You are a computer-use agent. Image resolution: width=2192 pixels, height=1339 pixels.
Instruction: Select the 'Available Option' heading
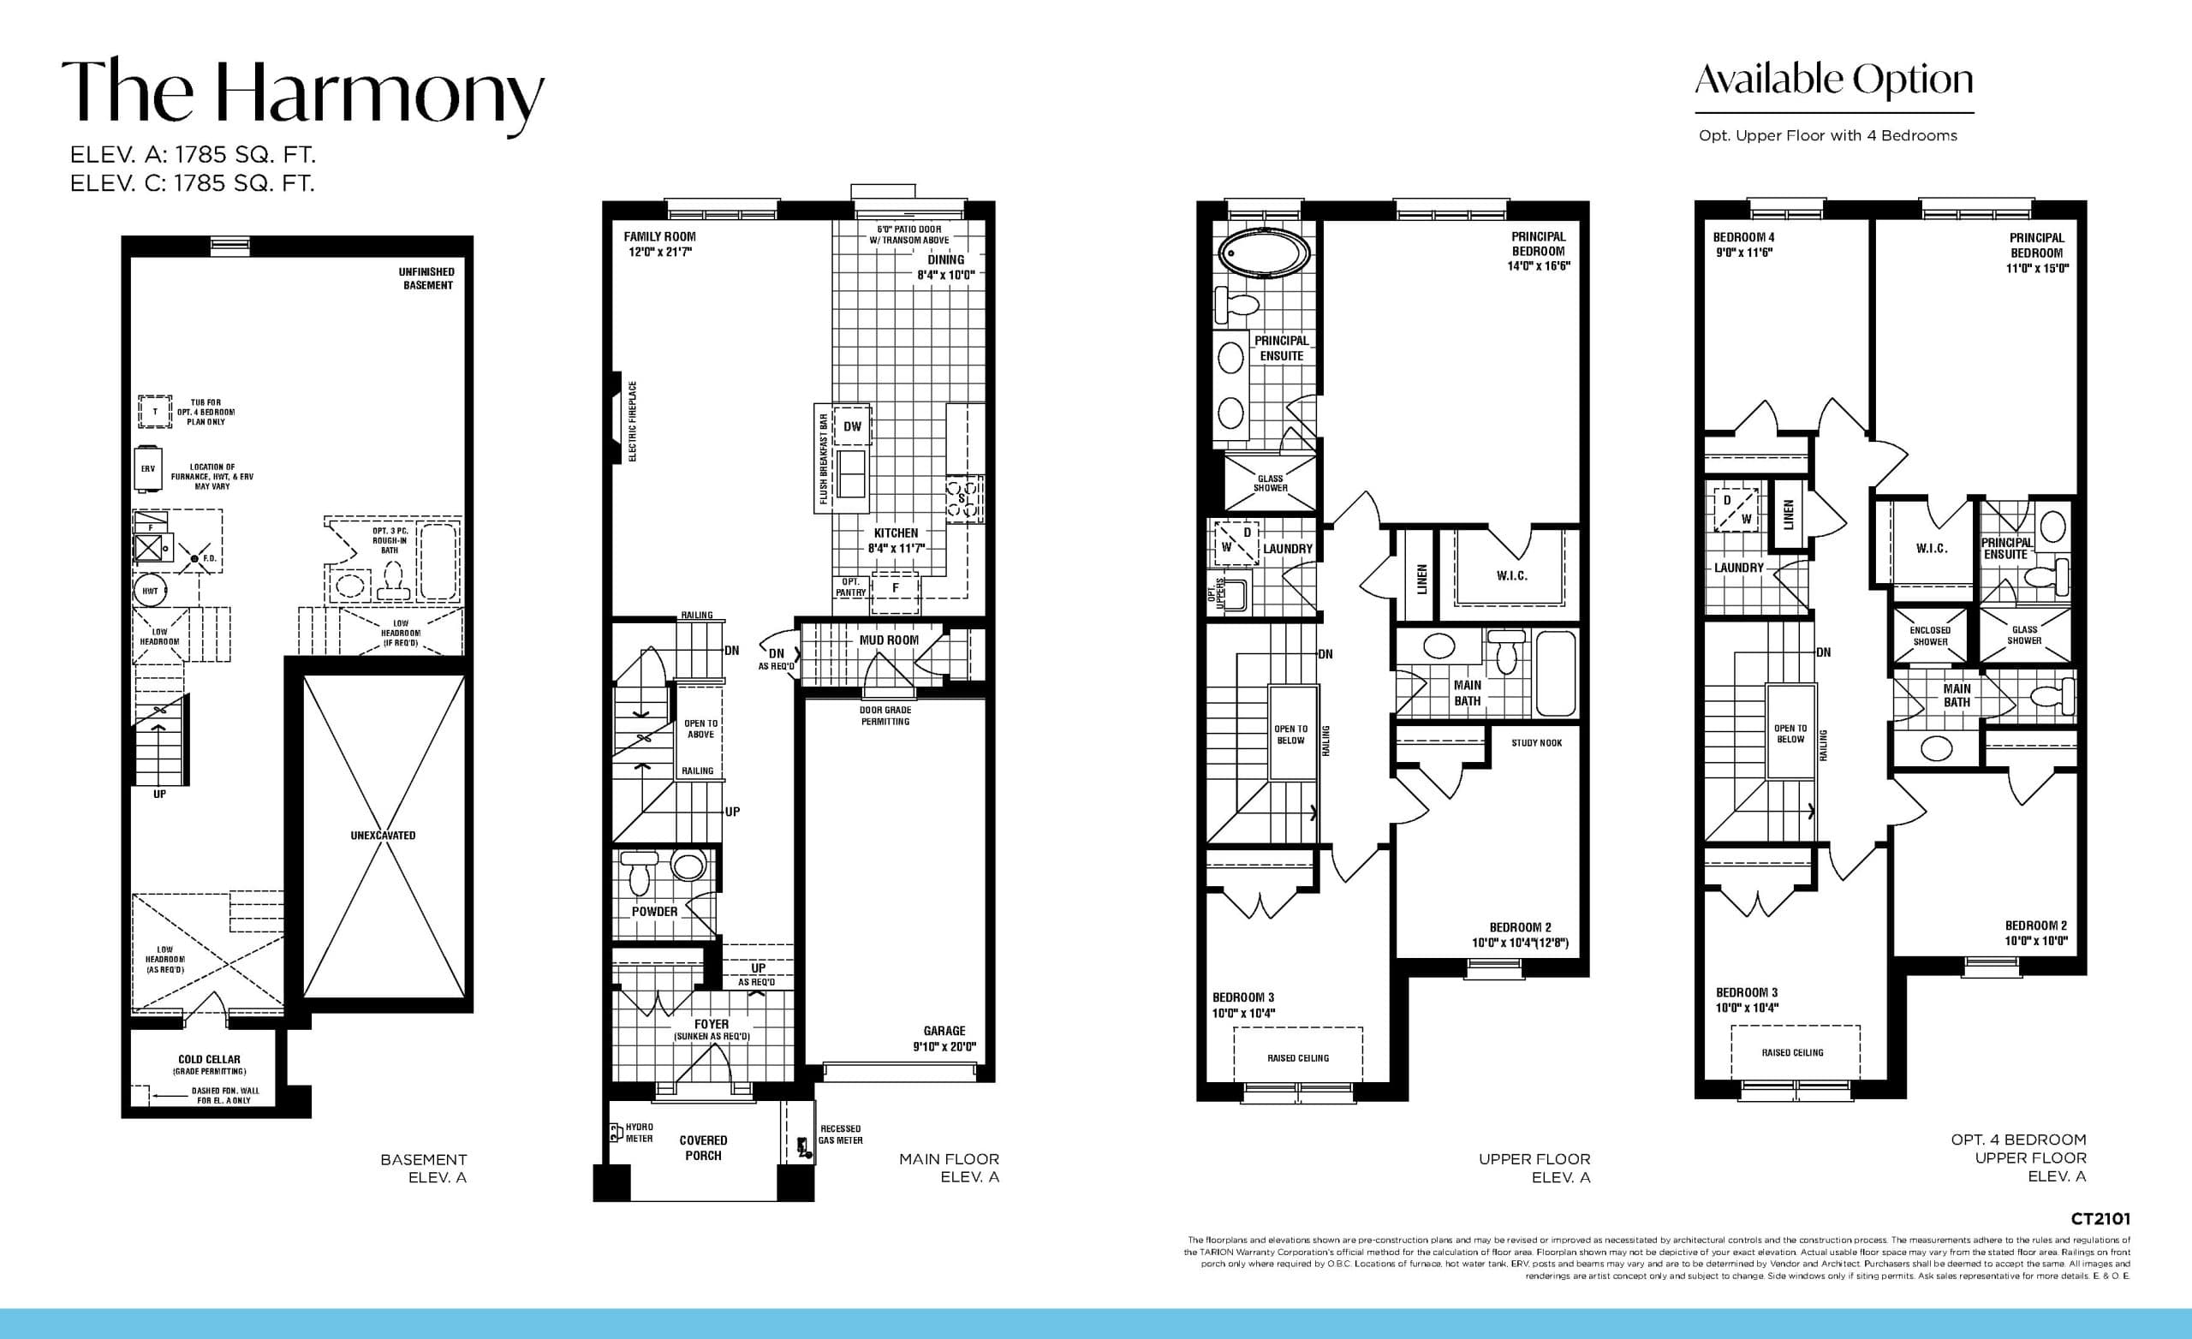(x=1833, y=81)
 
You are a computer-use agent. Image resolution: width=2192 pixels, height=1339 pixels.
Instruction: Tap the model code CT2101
(x=2100, y=1219)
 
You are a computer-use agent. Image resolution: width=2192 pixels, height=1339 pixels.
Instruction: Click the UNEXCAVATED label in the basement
(x=383, y=836)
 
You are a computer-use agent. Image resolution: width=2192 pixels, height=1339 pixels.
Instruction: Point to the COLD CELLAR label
(x=209, y=1060)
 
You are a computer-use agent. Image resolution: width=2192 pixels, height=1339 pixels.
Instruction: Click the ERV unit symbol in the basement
(x=147, y=469)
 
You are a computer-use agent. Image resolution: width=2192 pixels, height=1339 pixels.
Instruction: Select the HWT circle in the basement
(x=151, y=591)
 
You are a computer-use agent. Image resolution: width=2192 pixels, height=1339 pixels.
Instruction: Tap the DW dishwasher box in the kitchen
(x=852, y=427)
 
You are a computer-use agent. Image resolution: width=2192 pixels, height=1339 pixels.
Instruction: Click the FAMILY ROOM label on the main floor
(x=659, y=236)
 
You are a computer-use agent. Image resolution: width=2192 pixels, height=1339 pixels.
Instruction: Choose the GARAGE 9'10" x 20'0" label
(x=944, y=1038)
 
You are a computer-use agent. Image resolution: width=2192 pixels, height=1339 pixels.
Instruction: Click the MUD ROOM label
(x=889, y=640)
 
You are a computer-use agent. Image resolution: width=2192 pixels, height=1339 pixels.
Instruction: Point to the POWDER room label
(x=655, y=912)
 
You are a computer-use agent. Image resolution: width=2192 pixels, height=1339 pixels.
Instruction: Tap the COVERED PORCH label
(x=703, y=1148)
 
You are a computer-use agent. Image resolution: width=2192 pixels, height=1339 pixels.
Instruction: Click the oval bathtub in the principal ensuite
(x=1263, y=254)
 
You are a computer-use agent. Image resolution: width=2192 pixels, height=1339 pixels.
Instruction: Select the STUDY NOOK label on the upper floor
(x=1536, y=743)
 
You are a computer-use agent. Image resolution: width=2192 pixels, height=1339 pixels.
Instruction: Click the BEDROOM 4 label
(x=1742, y=237)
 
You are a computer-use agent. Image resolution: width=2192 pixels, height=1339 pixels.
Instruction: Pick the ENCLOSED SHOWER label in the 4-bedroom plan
(x=1930, y=635)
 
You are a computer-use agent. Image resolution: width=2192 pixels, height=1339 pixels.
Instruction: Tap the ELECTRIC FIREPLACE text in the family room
(x=634, y=422)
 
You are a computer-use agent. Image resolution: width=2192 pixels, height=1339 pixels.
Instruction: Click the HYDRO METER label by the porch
(x=639, y=1133)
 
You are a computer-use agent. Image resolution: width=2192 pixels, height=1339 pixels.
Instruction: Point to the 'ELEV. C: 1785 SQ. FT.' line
(x=192, y=183)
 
